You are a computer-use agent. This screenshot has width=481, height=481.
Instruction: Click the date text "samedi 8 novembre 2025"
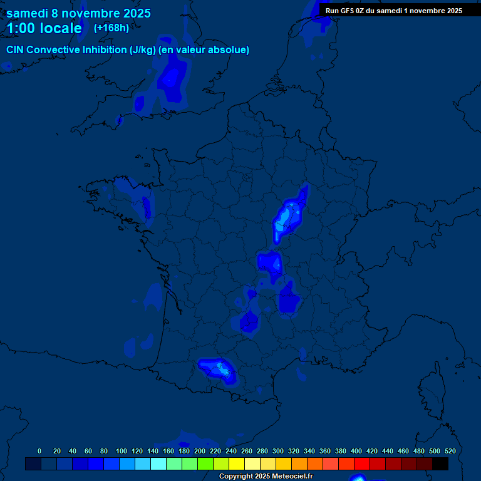pyautogui.click(x=78, y=13)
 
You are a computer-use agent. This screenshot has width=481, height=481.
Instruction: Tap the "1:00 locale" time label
pyautogui.click(x=44, y=28)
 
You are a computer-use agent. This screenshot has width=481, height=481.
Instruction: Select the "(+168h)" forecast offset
pyautogui.click(x=111, y=28)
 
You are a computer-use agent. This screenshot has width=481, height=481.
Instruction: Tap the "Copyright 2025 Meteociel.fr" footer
pyautogui.click(x=266, y=476)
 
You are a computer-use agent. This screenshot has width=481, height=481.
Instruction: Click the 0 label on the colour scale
pyautogui.click(x=39, y=451)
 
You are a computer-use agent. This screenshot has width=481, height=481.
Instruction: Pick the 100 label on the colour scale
pyautogui.click(x=122, y=451)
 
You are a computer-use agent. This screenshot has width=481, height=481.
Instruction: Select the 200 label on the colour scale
pyautogui.click(x=200, y=451)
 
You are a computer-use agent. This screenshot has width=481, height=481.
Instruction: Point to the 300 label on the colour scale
pyautogui.click(x=278, y=451)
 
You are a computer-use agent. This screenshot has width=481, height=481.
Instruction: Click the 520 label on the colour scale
pyautogui.click(x=450, y=451)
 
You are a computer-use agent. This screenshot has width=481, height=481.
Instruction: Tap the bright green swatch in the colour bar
pyautogui.click(x=205, y=463)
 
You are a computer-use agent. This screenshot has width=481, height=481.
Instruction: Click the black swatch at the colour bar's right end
pyautogui.click(x=440, y=463)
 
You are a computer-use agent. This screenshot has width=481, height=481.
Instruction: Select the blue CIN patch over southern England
pyautogui.click(x=172, y=80)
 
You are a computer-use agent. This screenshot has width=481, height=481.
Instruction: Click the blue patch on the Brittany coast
pyautogui.click(x=147, y=207)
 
